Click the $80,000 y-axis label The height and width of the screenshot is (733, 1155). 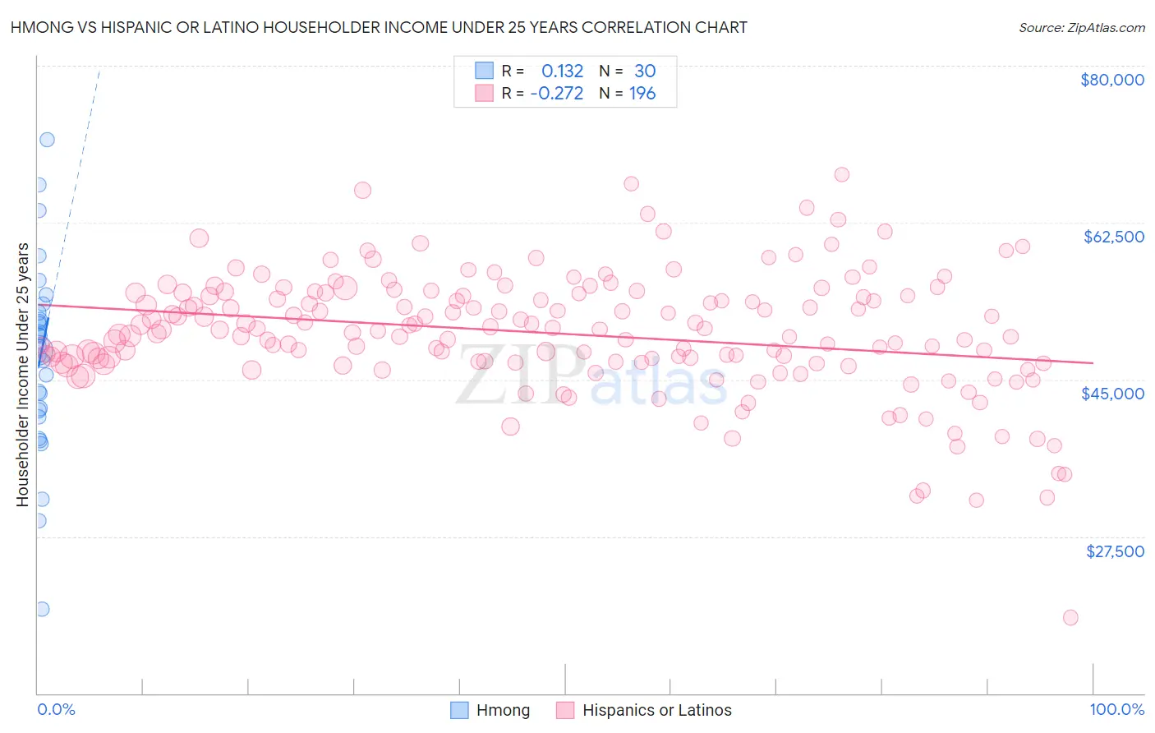(x=1111, y=80)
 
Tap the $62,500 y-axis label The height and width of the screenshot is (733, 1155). (x=1113, y=237)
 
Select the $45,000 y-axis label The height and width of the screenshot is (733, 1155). (x=1112, y=394)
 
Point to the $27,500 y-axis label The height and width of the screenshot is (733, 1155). (x=1114, y=551)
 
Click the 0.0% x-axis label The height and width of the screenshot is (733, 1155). (x=56, y=709)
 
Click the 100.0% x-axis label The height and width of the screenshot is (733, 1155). (x=1116, y=709)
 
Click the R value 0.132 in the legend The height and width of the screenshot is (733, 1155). (x=562, y=71)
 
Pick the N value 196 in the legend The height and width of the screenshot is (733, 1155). (x=642, y=94)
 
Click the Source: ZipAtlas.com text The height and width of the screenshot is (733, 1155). (x=1081, y=28)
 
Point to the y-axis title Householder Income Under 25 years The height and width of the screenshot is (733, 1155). (x=22, y=375)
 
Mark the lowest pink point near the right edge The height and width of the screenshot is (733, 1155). (x=1070, y=617)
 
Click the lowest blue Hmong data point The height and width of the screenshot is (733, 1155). (x=41, y=609)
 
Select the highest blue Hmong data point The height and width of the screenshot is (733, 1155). (x=47, y=140)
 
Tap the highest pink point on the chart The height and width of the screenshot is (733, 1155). (x=841, y=174)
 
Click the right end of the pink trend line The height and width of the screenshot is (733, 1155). (x=1093, y=362)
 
